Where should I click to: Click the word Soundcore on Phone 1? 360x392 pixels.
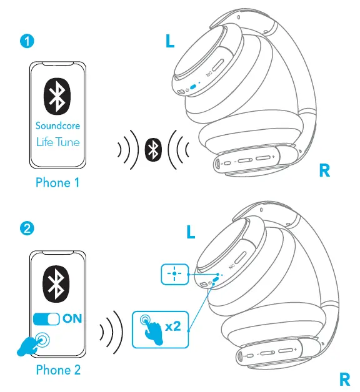pyautogui.click(x=57, y=125)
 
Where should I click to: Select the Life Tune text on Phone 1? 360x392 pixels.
pyautogui.click(x=57, y=142)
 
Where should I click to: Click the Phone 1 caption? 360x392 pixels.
pyautogui.click(x=57, y=183)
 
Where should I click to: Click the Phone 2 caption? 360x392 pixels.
pyautogui.click(x=57, y=370)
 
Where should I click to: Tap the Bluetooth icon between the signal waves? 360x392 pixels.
pyautogui.click(x=152, y=149)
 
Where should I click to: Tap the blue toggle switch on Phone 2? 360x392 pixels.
pyautogui.click(x=46, y=318)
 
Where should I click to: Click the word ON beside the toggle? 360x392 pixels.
pyautogui.click(x=72, y=318)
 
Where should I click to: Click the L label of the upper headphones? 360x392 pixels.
pyautogui.click(x=170, y=42)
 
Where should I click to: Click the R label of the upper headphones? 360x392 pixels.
pyautogui.click(x=324, y=170)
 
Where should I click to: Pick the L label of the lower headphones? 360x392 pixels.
pyautogui.click(x=191, y=233)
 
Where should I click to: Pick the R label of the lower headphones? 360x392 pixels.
pyautogui.click(x=344, y=379)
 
